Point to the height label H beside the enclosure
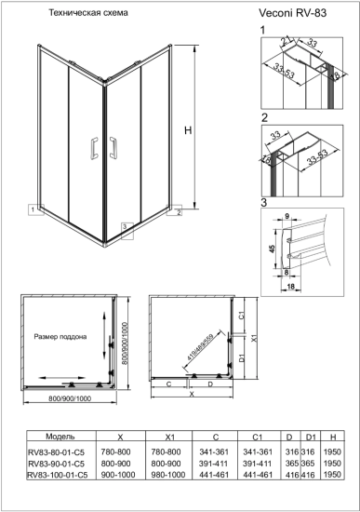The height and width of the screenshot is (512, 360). click(188, 131)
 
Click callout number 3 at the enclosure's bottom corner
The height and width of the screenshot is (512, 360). click(125, 226)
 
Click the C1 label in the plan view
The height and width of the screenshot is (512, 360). click(240, 317)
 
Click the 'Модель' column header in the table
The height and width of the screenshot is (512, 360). click(47, 436)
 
